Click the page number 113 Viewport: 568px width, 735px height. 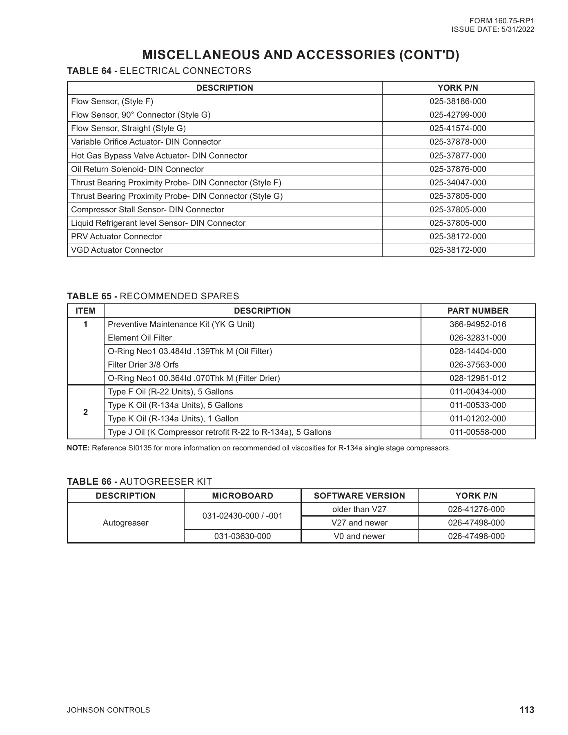(527, 710)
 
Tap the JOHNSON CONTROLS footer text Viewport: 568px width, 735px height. (108, 710)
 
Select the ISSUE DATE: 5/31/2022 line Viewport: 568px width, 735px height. (492, 29)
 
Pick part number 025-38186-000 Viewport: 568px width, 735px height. (458, 101)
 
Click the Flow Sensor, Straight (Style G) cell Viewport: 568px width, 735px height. (128, 128)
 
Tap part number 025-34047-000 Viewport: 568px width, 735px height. (458, 183)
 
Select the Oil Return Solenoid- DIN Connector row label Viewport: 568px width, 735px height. (137, 169)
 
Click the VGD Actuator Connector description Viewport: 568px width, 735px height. (117, 250)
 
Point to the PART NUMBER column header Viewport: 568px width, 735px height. (478, 311)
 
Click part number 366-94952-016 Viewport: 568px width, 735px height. (478, 324)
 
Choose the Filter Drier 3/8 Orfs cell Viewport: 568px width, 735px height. (143, 365)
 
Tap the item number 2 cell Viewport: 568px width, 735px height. (85, 412)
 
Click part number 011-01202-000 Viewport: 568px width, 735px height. (478, 419)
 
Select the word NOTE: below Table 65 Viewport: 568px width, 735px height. (78, 448)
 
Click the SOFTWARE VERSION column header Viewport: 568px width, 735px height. (359, 496)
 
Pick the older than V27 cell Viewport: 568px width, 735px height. (359, 509)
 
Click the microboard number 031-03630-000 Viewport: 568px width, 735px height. (243, 536)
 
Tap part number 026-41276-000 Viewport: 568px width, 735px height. (476, 509)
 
